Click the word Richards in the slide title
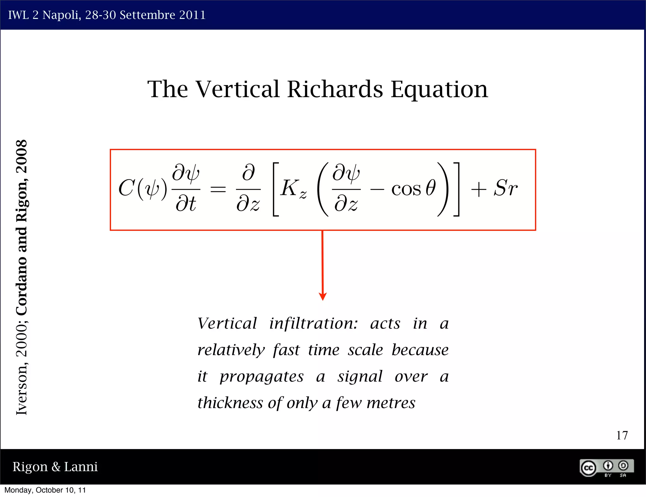[x=335, y=89]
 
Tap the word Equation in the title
[x=439, y=90]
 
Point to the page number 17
[x=622, y=436]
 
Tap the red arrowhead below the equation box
[x=322, y=296]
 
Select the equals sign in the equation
[x=218, y=189]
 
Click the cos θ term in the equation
[x=414, y=188]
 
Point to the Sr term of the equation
[x=505, y=188]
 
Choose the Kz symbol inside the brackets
[x=293, y=189]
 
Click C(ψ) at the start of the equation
[x=143, y=189]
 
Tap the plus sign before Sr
[x=479, y=190]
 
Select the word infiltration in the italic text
[x=314, y=324]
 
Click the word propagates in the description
[x=261, y=377]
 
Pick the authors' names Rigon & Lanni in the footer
[x=55, y=467]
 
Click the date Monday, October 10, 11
[x=45, y=490]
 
